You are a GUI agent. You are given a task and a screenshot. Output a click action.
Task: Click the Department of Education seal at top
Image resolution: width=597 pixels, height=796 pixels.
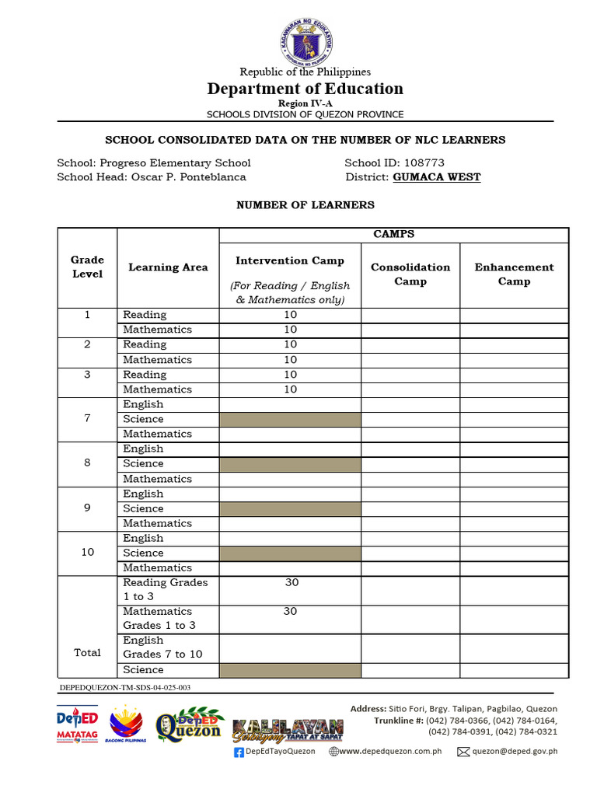click(305, 40)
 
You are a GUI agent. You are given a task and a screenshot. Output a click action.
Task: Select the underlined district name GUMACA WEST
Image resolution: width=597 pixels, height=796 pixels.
click(437, 177)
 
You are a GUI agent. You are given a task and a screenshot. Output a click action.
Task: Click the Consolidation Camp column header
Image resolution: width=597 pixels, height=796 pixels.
click(410, 274)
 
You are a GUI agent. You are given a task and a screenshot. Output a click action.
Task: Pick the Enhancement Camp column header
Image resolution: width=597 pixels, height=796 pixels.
click(514, 274)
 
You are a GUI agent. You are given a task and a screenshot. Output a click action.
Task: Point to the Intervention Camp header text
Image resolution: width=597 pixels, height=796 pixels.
click(290, 261)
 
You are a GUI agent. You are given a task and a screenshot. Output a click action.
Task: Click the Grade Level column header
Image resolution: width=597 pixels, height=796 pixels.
click(87, 267)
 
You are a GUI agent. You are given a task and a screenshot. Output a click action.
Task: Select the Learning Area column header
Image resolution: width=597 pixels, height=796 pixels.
click(168, 267)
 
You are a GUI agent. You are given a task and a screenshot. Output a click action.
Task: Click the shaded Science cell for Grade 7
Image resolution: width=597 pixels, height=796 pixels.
click(290, 420)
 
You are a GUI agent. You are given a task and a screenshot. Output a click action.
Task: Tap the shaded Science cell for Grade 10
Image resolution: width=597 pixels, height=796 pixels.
click(290, 553)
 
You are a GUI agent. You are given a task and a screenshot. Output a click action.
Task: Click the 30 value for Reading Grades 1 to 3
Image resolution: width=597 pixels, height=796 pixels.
click(290, 582)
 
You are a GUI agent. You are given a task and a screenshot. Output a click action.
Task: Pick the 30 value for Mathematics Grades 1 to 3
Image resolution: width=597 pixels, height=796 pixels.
click(290, 612)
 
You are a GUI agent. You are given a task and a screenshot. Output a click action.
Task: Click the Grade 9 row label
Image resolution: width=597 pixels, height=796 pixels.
click(87, 508)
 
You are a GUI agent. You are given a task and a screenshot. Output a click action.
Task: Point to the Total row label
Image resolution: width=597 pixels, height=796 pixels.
click(87, 653)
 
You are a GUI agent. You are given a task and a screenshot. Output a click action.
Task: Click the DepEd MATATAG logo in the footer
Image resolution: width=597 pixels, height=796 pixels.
click(77, 726)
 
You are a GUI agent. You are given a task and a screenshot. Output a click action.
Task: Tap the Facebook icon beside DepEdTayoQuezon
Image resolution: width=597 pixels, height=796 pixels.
click(239, 752)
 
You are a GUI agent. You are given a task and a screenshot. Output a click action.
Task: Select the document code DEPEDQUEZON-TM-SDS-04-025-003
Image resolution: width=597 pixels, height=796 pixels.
click(125, 688)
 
